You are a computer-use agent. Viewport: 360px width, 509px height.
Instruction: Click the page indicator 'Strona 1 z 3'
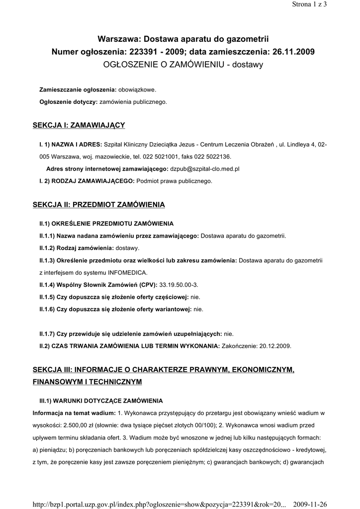[x=309, y=4]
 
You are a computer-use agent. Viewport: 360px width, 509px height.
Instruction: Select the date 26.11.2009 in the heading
[x=293, y=52]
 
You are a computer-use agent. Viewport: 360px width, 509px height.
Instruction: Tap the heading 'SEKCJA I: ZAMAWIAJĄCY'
[x=79, y=125]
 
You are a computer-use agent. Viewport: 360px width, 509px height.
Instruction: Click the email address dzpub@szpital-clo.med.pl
[x=205, y=169]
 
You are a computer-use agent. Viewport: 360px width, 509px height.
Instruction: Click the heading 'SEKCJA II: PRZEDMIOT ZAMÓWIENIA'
[x=98, y=204]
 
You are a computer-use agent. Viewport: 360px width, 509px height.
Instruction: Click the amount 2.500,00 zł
[x=84, y=425]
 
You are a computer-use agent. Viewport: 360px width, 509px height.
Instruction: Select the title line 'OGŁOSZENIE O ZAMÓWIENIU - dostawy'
[x=182, y=65]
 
